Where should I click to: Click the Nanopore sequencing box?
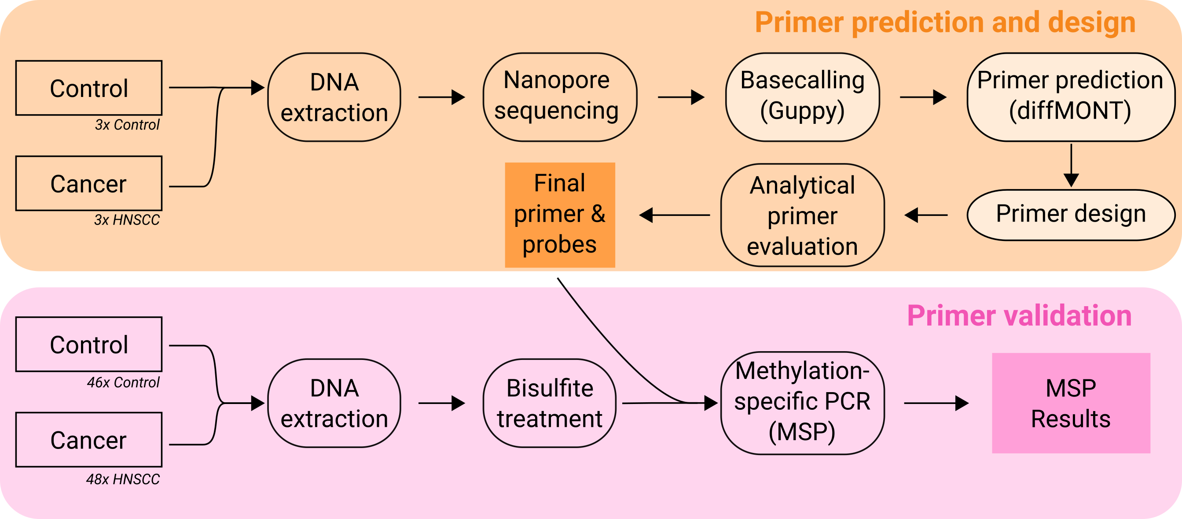pyautogui.click(x=559, y=97)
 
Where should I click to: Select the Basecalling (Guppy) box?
pyautogui.click(x=802, y=97)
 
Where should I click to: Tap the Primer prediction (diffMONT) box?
pyautogui.click(x=1070, y=97)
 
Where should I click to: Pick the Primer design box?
pyautogui.click(x=1070, y=215)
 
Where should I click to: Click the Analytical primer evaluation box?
pyautogui.click(x=802, y=215)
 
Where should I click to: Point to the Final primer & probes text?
pyautogui.click(x=559, y=214)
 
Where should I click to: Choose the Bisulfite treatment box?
pyautogui.click(x=549, y=403)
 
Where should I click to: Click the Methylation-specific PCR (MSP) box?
pyautogui.click(x=802, y=403)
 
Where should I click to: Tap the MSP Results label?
pyautogui.click(x=1070, y=403)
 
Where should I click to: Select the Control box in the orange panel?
pyautogui.click(x=88, y=88)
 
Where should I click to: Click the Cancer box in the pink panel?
pyautogui.click(x=88, y=440)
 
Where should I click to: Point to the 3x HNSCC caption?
pyautogui.click(x=127, y=220)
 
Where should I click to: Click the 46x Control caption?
pyautogui.click(x=123, y=382)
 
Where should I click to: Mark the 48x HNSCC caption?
pyautogui.click(x=122, y=479)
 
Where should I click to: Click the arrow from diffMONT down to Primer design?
pyautogui.click(x=1071, y=165)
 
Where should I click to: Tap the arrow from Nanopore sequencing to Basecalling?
pyautogui.click(x=681, y=97)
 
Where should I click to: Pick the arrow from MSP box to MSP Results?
pyautogui.click(x=936, y=403)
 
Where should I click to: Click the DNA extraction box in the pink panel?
pyautogui.click(x=334, y=403)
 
